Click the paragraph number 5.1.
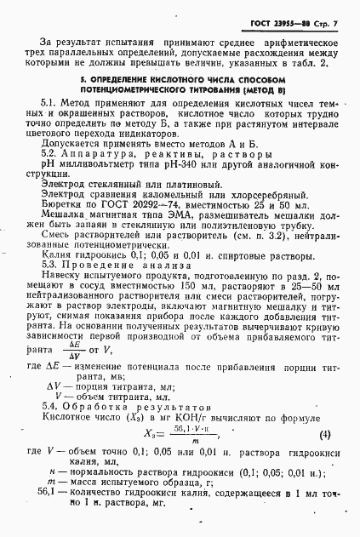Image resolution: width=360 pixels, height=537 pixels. click(x=49, y=102)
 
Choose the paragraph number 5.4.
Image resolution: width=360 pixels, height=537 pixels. click(x=49, y=404)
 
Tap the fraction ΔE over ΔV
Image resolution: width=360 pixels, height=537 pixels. click(x=84, y=347)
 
